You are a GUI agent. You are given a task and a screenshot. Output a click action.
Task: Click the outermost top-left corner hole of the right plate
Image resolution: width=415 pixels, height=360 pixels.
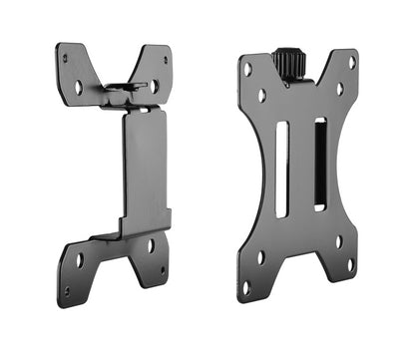(246, 70)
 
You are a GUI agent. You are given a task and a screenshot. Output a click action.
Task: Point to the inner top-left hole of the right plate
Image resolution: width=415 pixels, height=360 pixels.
(262, 96)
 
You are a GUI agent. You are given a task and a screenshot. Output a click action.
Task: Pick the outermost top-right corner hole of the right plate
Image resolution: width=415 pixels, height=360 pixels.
(351, 62)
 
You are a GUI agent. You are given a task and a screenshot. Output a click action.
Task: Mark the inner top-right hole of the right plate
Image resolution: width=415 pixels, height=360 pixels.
(340, 89)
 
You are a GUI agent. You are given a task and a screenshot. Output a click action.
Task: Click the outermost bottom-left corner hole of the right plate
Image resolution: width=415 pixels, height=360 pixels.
(245, 287)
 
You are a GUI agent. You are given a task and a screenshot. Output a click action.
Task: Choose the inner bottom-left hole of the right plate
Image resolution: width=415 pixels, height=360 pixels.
(261, 256)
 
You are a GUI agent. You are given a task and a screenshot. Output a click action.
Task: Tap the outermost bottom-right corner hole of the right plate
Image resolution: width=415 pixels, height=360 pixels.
(350, 264)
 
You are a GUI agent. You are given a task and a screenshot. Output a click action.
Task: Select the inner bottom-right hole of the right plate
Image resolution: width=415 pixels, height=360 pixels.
(338, 240)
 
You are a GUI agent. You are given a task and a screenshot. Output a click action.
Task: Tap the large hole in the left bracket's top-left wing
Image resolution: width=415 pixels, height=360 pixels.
(79, 87)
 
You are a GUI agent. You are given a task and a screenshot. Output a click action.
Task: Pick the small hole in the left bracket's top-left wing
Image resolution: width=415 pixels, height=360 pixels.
(65, 58)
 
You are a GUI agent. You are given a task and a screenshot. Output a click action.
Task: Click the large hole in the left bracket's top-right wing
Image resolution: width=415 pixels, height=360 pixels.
(154, 86)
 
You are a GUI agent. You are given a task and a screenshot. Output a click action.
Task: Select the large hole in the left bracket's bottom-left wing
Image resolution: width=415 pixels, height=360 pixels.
(79, 260)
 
